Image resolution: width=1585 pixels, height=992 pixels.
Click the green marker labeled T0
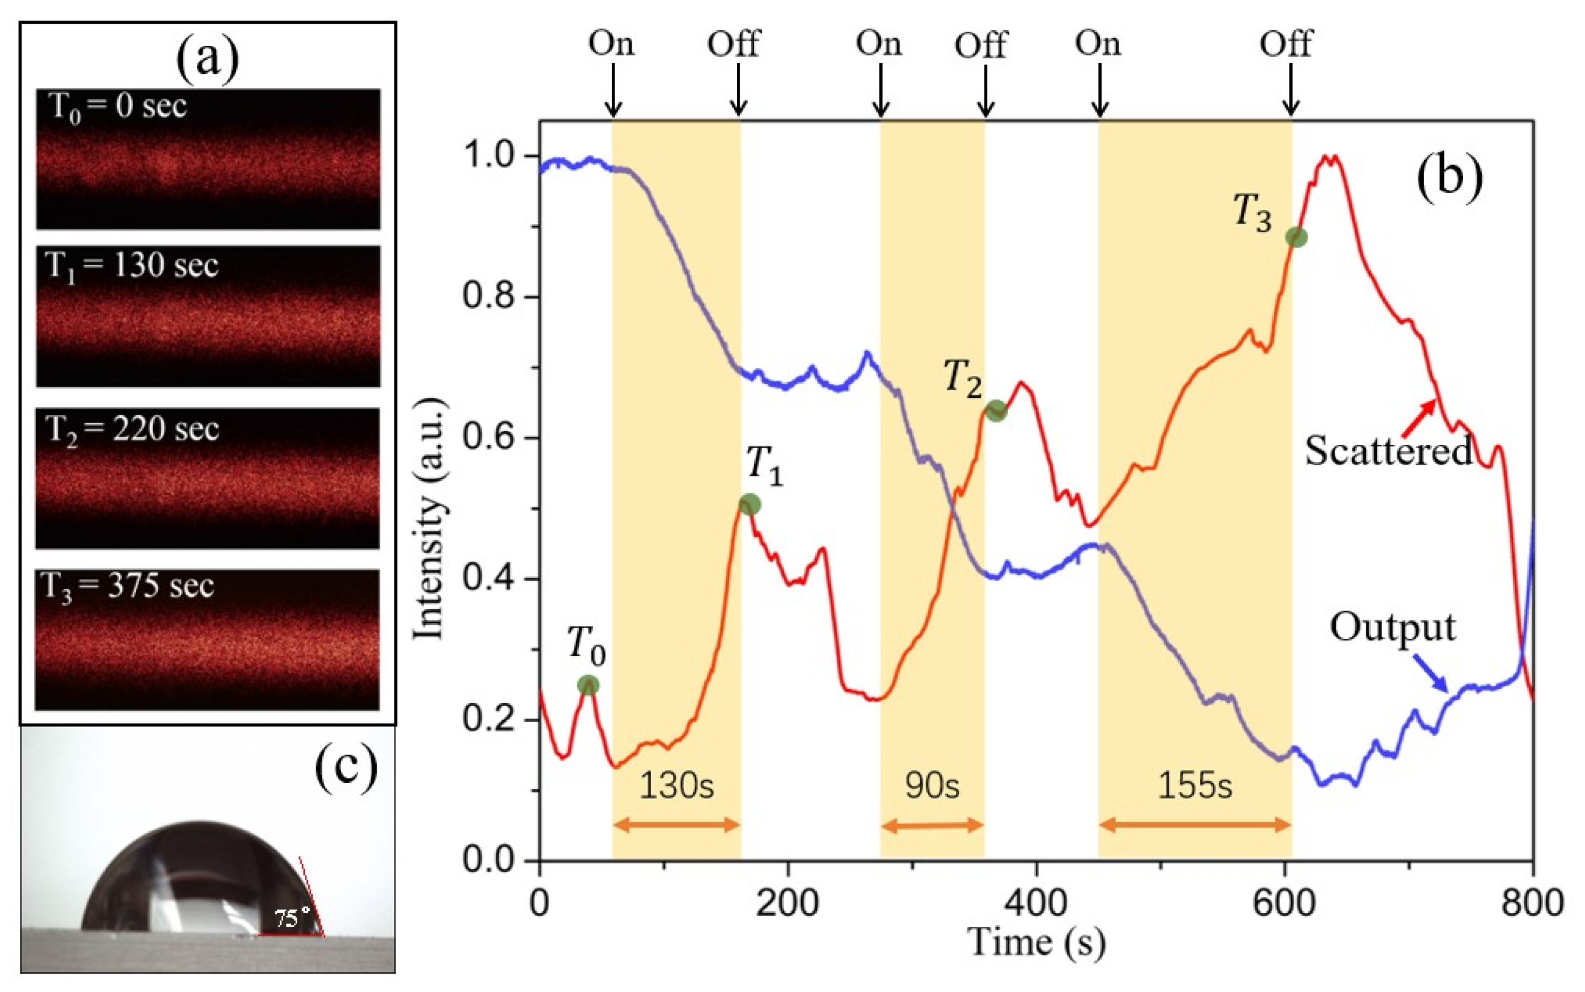tap(588, 685)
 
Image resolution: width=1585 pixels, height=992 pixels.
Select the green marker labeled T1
tap(749, 504)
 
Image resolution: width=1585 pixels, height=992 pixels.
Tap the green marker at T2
tap(996, 411)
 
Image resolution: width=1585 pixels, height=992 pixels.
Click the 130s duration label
tap(676, 786)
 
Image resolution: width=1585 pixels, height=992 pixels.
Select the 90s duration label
tap(932, 786)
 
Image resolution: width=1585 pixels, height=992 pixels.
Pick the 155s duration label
tap(1194, 786)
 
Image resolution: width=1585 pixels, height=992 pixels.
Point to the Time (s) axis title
tap(1036, 943)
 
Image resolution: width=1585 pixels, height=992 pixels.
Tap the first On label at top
tap(611, 44)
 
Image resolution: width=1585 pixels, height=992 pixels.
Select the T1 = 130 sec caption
tap(131, 266)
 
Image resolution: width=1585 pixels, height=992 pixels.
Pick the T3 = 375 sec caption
tap(128, 585)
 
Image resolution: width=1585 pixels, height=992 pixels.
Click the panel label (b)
tap(1449, 178)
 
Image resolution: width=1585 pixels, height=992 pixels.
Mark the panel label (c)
tap(346, 765)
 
